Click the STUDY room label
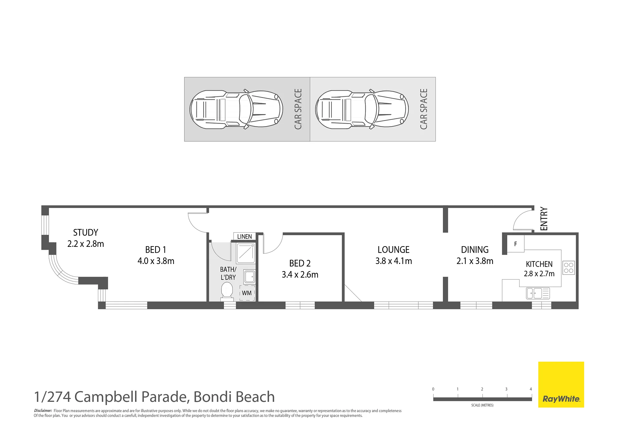coord(85,233)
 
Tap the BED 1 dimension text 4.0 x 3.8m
coord(156,261)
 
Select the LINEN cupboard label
coord(244,236)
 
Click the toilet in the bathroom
coord(226,290)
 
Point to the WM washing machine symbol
coord(247,293)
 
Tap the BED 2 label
coord(300,264)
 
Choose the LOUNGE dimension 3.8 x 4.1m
coord(394,261)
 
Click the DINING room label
coord(475,250)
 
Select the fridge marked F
coord(515,244)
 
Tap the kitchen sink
coord(538,293)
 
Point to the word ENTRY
coord(544,219)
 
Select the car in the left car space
coord(236,109)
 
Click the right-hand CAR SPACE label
coord(424,109)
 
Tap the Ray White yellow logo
coord(561,384)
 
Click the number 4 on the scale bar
coord(531,389)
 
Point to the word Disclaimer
coord(43,411)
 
